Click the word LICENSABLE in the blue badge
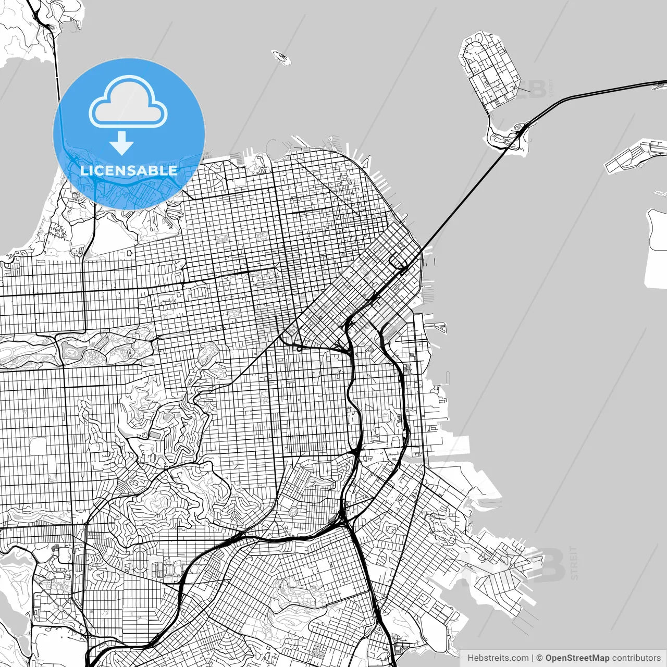(129, 170)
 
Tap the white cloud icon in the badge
(128, 103)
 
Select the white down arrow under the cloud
(122, 143)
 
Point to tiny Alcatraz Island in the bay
(281, 57)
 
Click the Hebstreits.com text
(498, 658)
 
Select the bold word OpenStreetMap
(577, 658)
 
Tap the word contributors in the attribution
(636, 658)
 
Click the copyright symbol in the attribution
(540, 658)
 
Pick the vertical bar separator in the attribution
(533, 658)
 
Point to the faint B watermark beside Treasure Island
(537, 89)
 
